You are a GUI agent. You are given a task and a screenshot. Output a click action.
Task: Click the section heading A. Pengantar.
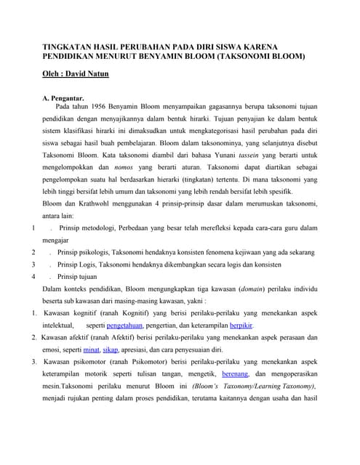[64, 97]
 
